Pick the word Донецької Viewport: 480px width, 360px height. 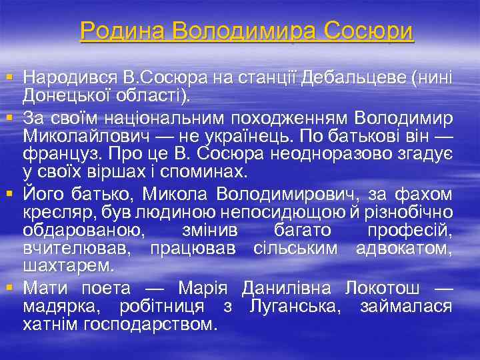[68, 98]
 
